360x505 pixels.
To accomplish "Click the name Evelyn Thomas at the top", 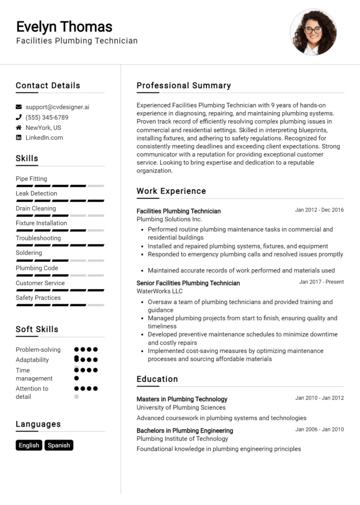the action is pos(64,26).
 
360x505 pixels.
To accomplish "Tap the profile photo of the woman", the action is pos(313,32).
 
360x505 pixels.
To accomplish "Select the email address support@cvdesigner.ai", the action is pos(57,107).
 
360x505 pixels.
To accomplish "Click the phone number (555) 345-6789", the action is pos(47,117).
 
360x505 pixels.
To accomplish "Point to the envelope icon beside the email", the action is pos(19,107).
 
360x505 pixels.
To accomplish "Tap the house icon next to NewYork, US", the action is pos(19,128).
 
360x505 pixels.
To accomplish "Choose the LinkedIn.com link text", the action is pos(44,138).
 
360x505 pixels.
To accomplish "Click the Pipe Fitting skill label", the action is pos(32,179).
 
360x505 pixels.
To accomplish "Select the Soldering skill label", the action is pos(29,252).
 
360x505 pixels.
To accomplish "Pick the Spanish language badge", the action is pos(59,445).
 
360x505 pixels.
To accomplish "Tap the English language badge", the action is pos(29,445).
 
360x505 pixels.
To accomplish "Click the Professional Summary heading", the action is pos(183,85).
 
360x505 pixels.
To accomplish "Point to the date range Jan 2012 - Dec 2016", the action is pos(319,210).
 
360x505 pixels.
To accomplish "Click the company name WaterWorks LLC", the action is pos(159,291).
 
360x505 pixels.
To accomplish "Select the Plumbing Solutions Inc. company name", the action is pos(169,219).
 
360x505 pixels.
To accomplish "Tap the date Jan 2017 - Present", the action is pos(321,282).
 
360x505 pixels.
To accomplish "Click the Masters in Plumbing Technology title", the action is pos(181,399).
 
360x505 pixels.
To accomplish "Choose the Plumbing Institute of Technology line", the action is pos(182,439).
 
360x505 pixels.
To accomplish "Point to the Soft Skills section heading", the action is pos(37,329).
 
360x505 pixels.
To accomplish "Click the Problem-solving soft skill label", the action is pos(38,350).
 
